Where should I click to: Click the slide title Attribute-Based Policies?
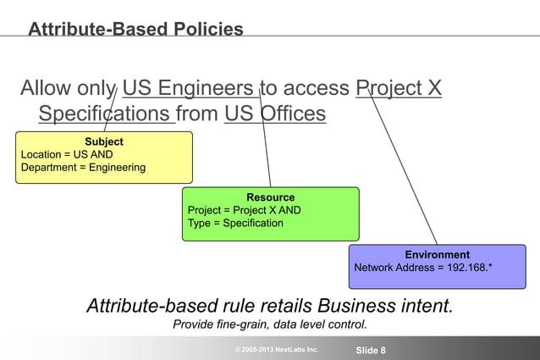pos(135,30)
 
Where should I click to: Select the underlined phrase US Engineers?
pos(188,88)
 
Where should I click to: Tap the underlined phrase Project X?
pos(399,88)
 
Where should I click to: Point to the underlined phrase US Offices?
pos(275,114)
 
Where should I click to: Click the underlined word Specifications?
pos(105,114)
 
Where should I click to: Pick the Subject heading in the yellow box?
pos(104,141)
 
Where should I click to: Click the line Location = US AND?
pos(67,154)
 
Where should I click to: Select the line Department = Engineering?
pos(83,168)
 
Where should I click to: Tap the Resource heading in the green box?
pos(271,197)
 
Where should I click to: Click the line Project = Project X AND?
pos(244,210)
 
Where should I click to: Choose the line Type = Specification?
pos(235,224)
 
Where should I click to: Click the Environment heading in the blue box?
pos(437,254)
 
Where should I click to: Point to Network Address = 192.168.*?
pos(423,268)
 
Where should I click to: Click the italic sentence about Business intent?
pos(270,306)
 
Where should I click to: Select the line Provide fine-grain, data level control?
pos(270,324)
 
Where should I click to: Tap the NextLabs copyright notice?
pos(277,349)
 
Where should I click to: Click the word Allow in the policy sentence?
pos(47,88)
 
